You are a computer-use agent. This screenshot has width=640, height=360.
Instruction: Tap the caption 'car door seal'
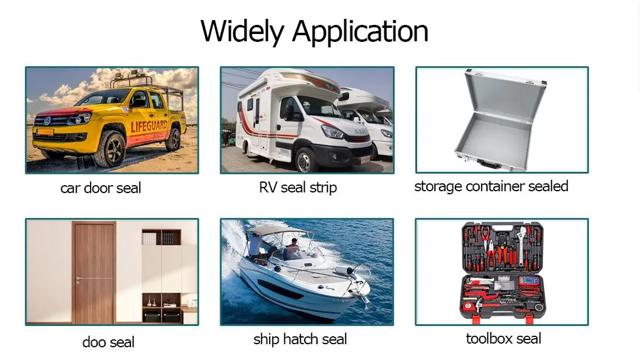point(101,188)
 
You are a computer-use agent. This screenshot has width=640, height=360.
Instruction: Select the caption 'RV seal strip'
point(298,188)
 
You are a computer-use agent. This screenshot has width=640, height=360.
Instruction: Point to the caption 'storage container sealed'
point(491,186)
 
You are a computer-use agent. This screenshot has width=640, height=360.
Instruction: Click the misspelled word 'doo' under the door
point(94,342)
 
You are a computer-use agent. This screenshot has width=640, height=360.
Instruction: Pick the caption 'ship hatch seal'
point(300,339)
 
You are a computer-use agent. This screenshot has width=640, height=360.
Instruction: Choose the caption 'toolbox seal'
point(503,339)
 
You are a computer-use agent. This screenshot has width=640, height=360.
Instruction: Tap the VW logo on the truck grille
point(46,121)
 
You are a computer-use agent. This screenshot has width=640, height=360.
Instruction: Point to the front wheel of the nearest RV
point(305,160)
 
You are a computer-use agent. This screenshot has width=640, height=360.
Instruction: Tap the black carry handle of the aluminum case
point(488,163)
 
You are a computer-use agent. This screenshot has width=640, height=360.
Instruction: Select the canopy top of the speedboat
point(280,231)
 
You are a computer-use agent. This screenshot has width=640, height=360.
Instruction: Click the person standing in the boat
point(256,246)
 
